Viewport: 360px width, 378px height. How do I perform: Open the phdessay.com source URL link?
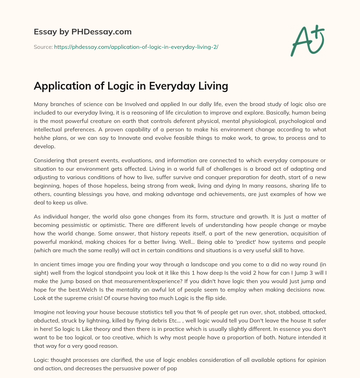click(x=136, y=47)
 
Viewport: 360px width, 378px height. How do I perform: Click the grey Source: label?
click(x=43, y=47)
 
